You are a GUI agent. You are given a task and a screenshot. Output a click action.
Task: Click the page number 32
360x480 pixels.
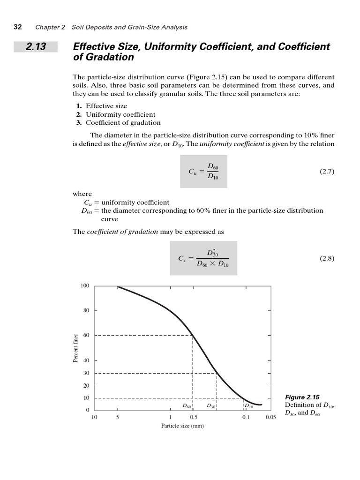click(17, 27)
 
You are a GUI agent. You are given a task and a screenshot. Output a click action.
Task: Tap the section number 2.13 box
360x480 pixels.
click(36, 47)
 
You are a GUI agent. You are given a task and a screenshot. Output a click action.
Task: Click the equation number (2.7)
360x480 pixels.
click(326, 172)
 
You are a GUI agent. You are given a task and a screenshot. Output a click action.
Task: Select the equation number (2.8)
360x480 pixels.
click(326, 258)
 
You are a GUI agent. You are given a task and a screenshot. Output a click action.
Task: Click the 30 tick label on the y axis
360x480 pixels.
click(86, 373)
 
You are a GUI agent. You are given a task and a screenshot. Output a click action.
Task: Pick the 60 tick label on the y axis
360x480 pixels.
click(86, 336)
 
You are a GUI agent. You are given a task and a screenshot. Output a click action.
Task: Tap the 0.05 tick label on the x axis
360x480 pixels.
click(270, 417)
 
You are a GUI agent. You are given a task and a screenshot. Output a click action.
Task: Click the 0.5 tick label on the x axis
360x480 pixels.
click(193, 417)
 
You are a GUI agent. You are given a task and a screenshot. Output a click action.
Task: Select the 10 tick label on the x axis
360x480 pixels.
click(94, 417)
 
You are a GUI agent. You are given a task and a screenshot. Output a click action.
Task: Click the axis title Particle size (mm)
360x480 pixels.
click(182, 426)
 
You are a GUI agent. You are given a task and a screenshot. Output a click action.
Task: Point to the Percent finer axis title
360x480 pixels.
click(75, 348)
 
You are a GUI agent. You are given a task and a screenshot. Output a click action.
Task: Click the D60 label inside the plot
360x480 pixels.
click(187, 406)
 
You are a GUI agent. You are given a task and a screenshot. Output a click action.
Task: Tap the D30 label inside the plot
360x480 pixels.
click(210, 406)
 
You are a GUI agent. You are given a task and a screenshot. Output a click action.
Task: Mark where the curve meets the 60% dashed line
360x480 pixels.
click(193, 336)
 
